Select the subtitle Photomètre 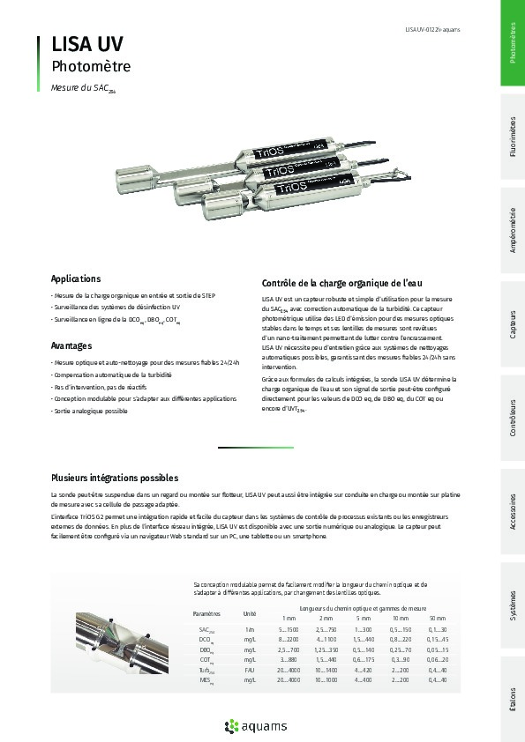[91, 66]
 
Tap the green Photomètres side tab [513, 43]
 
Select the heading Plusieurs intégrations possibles [114, 478]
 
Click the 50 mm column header [437, 618]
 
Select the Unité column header [250, 612]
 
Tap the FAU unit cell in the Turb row [250, 671]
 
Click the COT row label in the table [206, 660]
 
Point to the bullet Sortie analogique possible [89, 411]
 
